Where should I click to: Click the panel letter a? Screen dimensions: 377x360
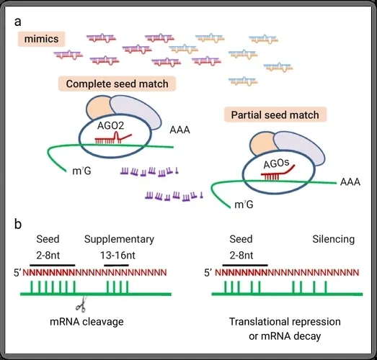(x=18, y=22)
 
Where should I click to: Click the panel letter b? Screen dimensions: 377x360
(x=18, y=224)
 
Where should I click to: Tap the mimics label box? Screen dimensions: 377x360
(x=41, y=39)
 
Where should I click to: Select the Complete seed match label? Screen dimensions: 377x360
(x=117, y=84)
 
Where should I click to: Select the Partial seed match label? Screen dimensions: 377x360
(x=275, y=114)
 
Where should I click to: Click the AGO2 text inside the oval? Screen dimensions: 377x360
(x=110, y=125)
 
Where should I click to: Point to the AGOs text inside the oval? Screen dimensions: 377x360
(x=276, y=163)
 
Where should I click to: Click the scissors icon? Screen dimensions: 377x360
(x=81, y=305)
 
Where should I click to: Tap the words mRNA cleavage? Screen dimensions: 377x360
(x=87, y=322)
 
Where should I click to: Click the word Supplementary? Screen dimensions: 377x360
(x=119, y=239)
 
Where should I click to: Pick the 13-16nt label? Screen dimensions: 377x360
(x=117, y=256)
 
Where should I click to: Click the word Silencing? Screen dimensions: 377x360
(x=334, y=239)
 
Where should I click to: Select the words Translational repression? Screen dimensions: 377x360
(x=285, y=322)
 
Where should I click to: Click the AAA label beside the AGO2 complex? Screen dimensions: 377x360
(x=179, y=130)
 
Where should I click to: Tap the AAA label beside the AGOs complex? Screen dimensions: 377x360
(x=350, y=182)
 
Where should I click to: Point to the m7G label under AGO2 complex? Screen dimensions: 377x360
(x=81, y=171)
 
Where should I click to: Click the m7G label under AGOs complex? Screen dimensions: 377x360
(x=244, y=204)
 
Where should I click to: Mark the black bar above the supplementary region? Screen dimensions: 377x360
(x=116, y=266)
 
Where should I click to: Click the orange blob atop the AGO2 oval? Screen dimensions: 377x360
(x=99, y=108)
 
